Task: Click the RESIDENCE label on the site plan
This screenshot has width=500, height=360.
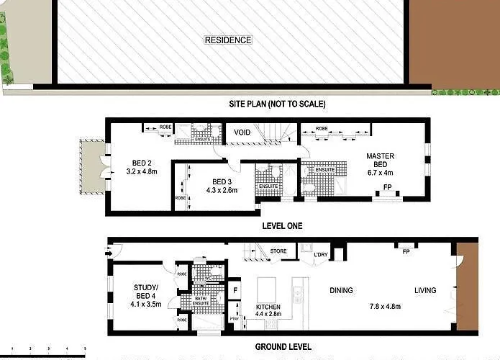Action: pyautogui.click(x=228, y=40)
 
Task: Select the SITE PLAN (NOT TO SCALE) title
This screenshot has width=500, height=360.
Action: pyautogui.click(x=277, y=104)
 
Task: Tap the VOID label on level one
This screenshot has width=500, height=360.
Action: pyautogui.click(x=240, y=133)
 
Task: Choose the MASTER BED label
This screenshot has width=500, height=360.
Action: pyautogui.click(x=380, y=161)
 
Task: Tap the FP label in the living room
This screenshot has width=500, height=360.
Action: pyautogui.click(x=405, y=252)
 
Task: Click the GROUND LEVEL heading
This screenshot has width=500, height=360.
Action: pyautogui.click(x=283, y=347)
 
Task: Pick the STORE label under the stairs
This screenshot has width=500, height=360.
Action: pyautogui.click(x=278, y=251)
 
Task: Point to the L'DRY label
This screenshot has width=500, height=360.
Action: pyautogui.click(x=321, y=256)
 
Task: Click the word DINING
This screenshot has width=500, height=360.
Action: pyautogui.click(x=341, y=291)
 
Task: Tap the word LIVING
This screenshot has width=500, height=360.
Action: pyautogui.click(x=425, y=291)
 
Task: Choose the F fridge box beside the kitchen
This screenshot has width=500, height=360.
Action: pyautogui.click(x=234, y=290)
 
